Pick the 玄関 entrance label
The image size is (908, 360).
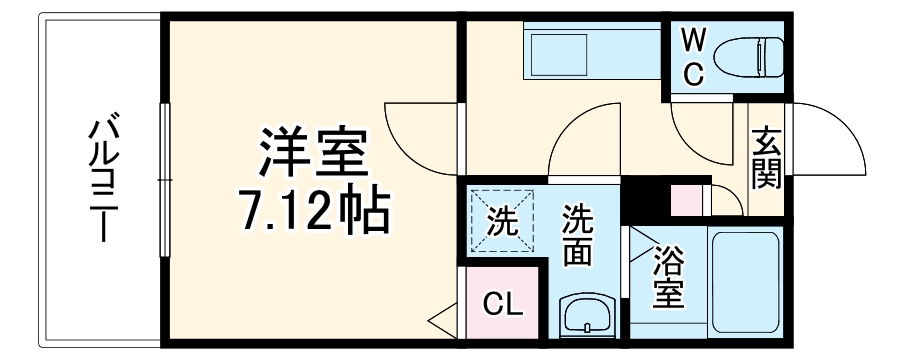point(767,158)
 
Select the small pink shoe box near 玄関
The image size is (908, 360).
point(689,200)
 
